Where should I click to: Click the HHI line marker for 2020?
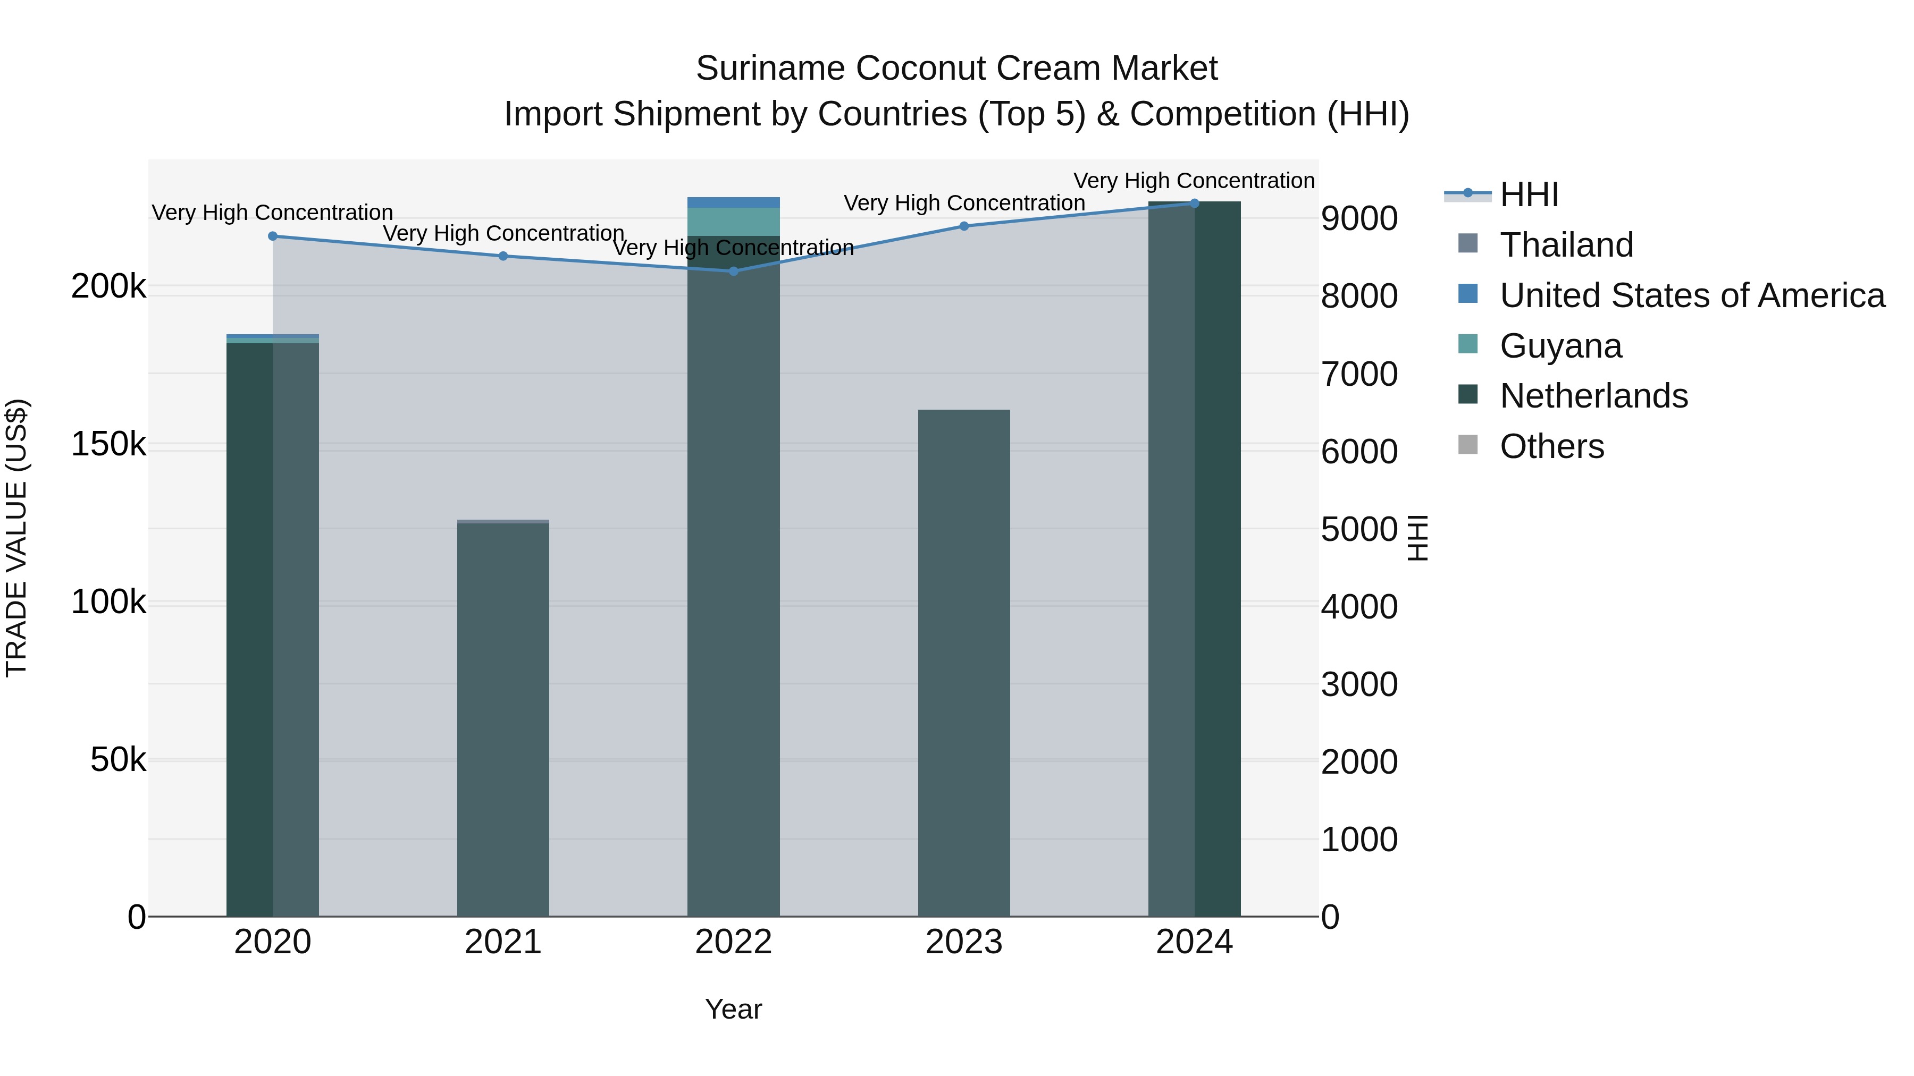click(x=273, y=236)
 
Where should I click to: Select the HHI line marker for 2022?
click(x=733, y=271)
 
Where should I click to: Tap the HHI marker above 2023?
click(x=964, y=226)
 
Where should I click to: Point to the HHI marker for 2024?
click(x=1194, y=203)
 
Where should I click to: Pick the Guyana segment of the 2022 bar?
click(x=733, y=221)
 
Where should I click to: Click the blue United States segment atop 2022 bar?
click(x=733, y=202)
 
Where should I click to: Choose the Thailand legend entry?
click(x=1566, y=245)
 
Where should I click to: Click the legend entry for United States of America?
click(x=1691, y=295)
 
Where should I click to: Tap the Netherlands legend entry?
click(x=1593, y=396)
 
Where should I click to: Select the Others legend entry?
click(x=1551, y=446)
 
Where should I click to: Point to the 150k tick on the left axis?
click(x=108, y=444)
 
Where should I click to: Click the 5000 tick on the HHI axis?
click(x=1359, y=529)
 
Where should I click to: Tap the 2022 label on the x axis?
click(x=733, y=942)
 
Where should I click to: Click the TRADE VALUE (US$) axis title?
click(x=16, y=538)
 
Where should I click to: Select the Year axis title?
click(x=733, y=1009)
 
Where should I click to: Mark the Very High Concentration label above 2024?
click(x=1194, y=181)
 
